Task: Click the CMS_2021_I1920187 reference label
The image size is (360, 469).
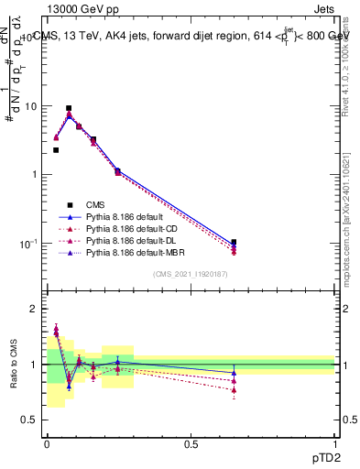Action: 191,275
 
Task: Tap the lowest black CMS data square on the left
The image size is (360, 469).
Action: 56,150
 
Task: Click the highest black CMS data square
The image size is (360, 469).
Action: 69,108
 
